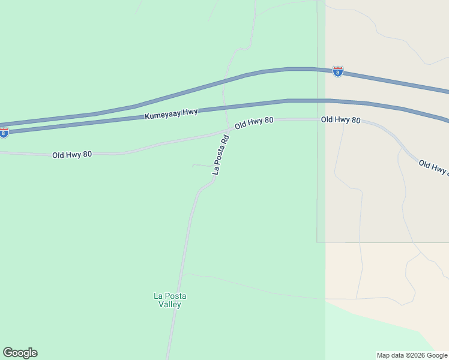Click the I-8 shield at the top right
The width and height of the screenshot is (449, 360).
[x=338, y=72]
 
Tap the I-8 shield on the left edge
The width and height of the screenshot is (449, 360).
[x=4, y=133]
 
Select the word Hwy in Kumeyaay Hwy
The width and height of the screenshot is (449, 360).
[x=190, y=112]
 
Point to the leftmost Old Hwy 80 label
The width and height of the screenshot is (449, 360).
[x=72, y=155]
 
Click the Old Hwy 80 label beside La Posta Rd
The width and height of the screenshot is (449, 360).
[x=254, y=123]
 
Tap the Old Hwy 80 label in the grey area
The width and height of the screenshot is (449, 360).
[x=340, y=120]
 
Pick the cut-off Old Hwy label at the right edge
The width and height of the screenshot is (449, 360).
[x=433, y=167]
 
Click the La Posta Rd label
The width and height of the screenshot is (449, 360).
[x=221, y=154]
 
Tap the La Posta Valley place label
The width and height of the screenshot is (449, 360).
[x=167, y=300]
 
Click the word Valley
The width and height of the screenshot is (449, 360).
[x=168, y=305]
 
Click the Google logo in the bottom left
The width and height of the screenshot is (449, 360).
[x=20, y=353]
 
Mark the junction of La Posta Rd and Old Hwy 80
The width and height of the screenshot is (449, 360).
[x=231, y=128]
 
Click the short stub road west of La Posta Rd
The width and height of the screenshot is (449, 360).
[x=202, y=165]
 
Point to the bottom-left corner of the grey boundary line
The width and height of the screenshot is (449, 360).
[x=318, y=242]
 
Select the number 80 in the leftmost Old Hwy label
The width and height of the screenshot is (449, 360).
[x=87, y=155]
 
